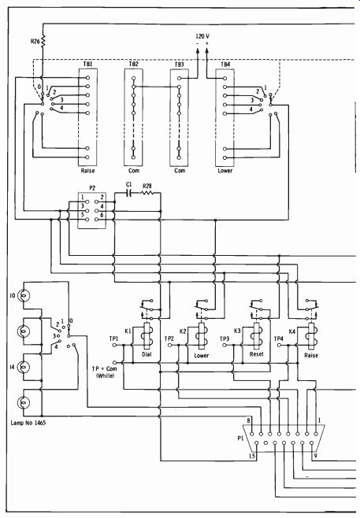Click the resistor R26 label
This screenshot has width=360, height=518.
pos(35,41)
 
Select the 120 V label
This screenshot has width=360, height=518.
pos(202,36)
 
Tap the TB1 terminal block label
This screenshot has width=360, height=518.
pos(87,64)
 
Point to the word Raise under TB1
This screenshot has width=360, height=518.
pos(87,171)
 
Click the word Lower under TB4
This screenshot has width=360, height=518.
pos(225,171)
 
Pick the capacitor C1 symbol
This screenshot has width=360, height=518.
pos(129,193)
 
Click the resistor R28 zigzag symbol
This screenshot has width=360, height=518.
pos(147,193)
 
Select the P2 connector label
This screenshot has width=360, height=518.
pos(92,188)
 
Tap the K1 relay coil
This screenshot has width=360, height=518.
pos(147,335)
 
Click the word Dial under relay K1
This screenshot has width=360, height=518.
pos(147,354)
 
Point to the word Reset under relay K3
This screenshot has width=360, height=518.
pos(257,354)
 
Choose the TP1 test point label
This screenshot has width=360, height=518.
pos(113,339)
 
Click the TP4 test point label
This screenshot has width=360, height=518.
pos(279,339)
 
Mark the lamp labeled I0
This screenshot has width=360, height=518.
pos(23,295)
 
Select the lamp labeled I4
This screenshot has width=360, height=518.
pos(23,367)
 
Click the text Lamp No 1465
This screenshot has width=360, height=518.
pos(28,423)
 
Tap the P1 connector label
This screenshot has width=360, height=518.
pos(240,438)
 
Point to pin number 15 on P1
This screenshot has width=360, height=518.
pos(252,456)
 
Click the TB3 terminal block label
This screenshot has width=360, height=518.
pos(179,64)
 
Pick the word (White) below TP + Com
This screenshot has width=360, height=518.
pos(105,376)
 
